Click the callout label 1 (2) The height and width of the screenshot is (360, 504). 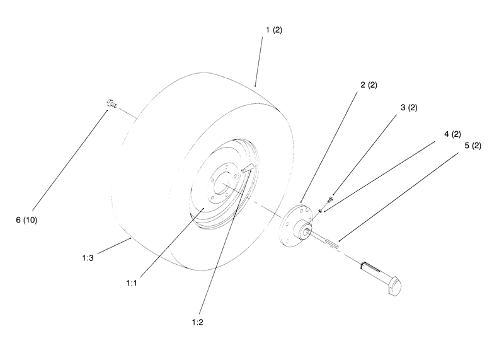[274, 30]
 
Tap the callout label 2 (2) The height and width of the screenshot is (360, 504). [369, 85]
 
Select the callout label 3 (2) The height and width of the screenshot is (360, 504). [409, 107]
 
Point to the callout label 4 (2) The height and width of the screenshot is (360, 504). [452, 134]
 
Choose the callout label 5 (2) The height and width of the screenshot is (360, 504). [473, 146]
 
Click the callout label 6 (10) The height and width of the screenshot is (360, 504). [26, 220]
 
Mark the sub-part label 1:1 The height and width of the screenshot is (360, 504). [132, 283]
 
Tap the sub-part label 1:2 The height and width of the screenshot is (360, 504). [197, 322]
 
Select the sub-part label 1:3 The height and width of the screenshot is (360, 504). [88, 258]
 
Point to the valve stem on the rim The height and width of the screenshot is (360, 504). [248, 168]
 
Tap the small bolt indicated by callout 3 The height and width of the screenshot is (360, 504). [330, 199]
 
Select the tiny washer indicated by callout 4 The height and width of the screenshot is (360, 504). [321, 211]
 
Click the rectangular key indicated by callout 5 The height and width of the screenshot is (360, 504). [332, 243]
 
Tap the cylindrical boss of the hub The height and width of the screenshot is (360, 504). [302, 229]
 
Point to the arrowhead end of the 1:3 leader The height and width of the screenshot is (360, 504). [130, 238]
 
